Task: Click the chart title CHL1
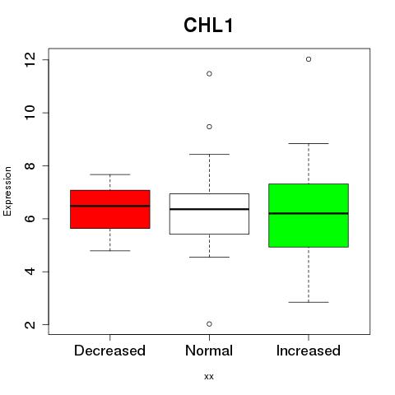click(x=208, y=26)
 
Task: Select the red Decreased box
click(x=110, y=209)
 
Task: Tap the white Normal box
click(x=209, y=214)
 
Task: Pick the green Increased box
click(x=309, y=216)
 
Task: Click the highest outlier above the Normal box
click(x=209, y=73)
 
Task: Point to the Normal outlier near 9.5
click(x=209, y=127)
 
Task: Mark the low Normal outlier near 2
click(x=209, y=324)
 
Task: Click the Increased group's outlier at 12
click(x=309, y=59)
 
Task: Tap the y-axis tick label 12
click(x=30, y=60)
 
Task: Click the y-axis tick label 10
click(x=30, y=113)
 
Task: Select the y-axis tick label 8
click(x=30, y=165)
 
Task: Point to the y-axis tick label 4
click(x=30, y=272)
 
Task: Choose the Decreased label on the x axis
click(x=109, y=351)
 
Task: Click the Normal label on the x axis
click(x=209, y=351)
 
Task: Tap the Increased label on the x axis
click(x=309, y=351)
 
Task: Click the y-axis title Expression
click(x=7, y=191)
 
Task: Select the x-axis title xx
click(x=209, y=376)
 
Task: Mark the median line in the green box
click(x=309, y=213)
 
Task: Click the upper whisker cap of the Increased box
click(x=309, y=143)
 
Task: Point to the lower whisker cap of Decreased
click(x=110, y=250)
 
